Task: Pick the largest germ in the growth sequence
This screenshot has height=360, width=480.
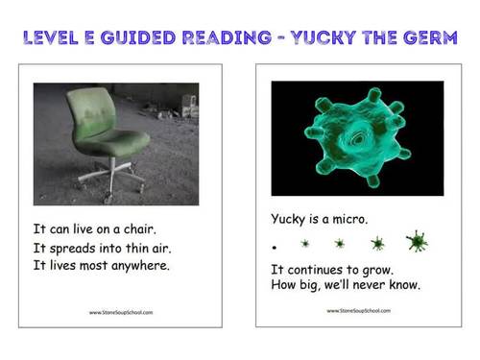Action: click(x=417, y=242)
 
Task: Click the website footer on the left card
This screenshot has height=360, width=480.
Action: click(x=120, y=312)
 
